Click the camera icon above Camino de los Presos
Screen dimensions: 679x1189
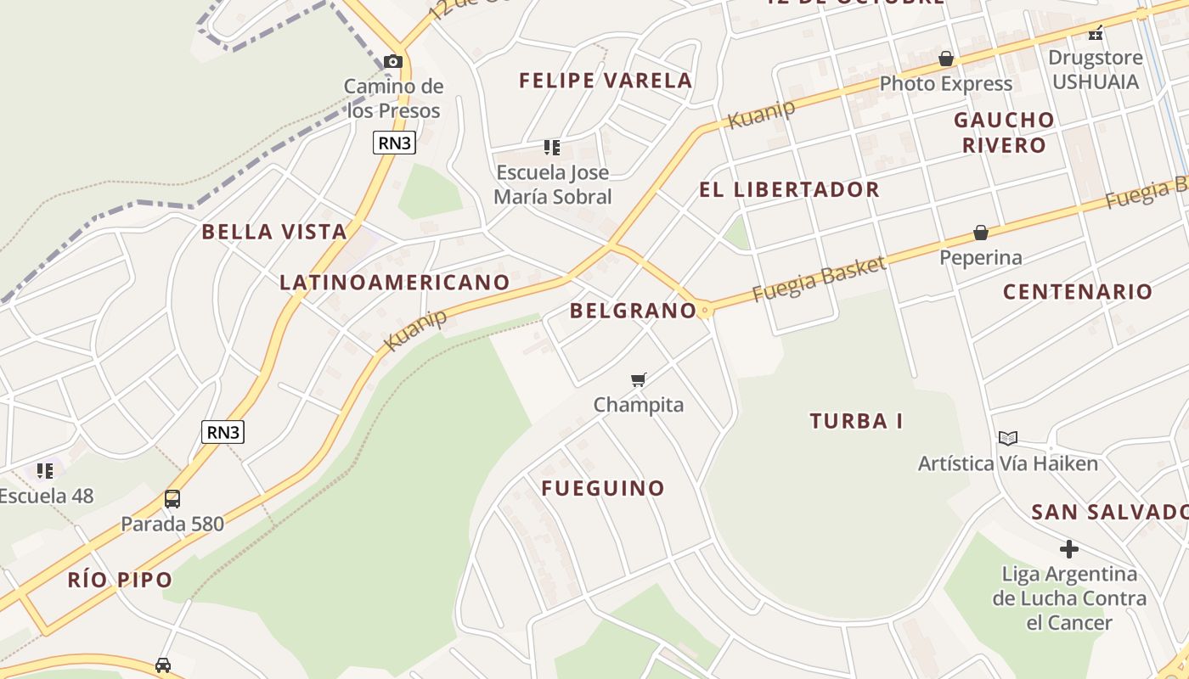[x=392, y=61]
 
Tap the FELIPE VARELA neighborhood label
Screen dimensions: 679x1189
[x=606, y=81]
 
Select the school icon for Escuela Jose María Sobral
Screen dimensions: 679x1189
[x=552, y=148]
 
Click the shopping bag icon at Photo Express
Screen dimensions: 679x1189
[x=946, y=59]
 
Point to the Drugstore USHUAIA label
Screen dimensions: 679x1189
[x=1095, y=70]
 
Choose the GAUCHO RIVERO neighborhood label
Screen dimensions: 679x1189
[x=1004, y=132]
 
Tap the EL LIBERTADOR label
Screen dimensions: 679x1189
[x=789, y=189]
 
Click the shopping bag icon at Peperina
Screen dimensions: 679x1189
[x=981, y=233]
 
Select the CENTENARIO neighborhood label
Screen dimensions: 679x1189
[x=1078, y=292]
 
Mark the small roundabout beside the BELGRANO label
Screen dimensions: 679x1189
[x=704, y=311]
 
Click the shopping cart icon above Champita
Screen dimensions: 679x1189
[x=639, y=379]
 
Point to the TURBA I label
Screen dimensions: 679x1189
[x=856, y=421]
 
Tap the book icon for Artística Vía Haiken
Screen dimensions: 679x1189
[x=1008, y=438]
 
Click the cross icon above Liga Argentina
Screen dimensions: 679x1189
[x=1069, y=548]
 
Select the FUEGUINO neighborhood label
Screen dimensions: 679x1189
[x=603, y=488]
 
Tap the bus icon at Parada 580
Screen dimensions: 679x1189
[x=172, y=498]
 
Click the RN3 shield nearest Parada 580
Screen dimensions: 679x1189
[x=223, y=432]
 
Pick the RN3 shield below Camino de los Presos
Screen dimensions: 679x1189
[x=394, y=143]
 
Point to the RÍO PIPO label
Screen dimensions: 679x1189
[x=120, y=581]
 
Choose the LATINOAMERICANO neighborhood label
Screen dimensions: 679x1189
[x=395, y=283]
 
